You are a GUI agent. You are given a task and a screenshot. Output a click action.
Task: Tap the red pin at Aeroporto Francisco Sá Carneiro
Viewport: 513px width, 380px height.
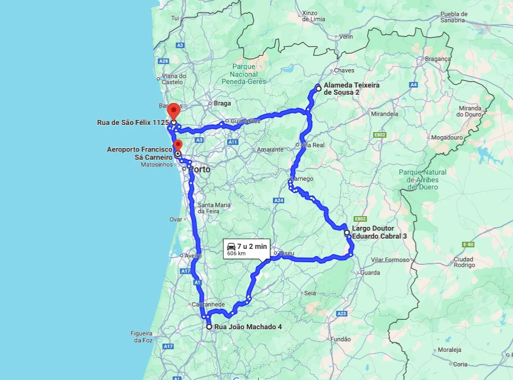tap(177, 145)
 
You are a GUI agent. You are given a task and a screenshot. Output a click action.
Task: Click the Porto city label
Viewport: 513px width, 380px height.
tap(200, 169)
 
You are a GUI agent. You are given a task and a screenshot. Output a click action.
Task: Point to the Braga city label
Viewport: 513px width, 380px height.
tap(222, 103)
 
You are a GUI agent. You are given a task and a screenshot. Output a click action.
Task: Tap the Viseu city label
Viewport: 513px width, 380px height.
tap(286, 253)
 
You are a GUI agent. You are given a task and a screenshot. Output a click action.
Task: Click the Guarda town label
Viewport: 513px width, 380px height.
tap(370, 273)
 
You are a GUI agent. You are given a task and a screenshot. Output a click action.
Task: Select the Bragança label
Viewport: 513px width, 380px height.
tap(438, 59)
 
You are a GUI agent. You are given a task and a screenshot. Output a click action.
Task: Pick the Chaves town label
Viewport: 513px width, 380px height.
tap(344, 71)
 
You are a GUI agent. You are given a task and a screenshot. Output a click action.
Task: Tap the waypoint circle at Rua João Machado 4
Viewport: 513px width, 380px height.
tap(209, 326)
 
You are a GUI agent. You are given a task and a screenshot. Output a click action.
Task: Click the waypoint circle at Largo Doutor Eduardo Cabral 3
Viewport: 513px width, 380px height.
tap(347, 233)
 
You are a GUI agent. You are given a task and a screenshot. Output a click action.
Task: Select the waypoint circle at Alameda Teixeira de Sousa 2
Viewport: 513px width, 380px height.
tap(319, 89)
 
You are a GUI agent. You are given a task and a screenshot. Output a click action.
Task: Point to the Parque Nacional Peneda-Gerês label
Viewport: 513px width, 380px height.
tap(244, 74)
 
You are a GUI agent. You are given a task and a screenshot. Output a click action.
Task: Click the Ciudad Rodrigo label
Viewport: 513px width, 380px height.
tap(463, 262)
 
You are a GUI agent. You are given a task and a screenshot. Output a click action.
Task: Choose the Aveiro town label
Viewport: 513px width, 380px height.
tap(193, 256)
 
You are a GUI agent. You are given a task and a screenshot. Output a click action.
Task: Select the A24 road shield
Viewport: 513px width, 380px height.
tap(279, 200)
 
